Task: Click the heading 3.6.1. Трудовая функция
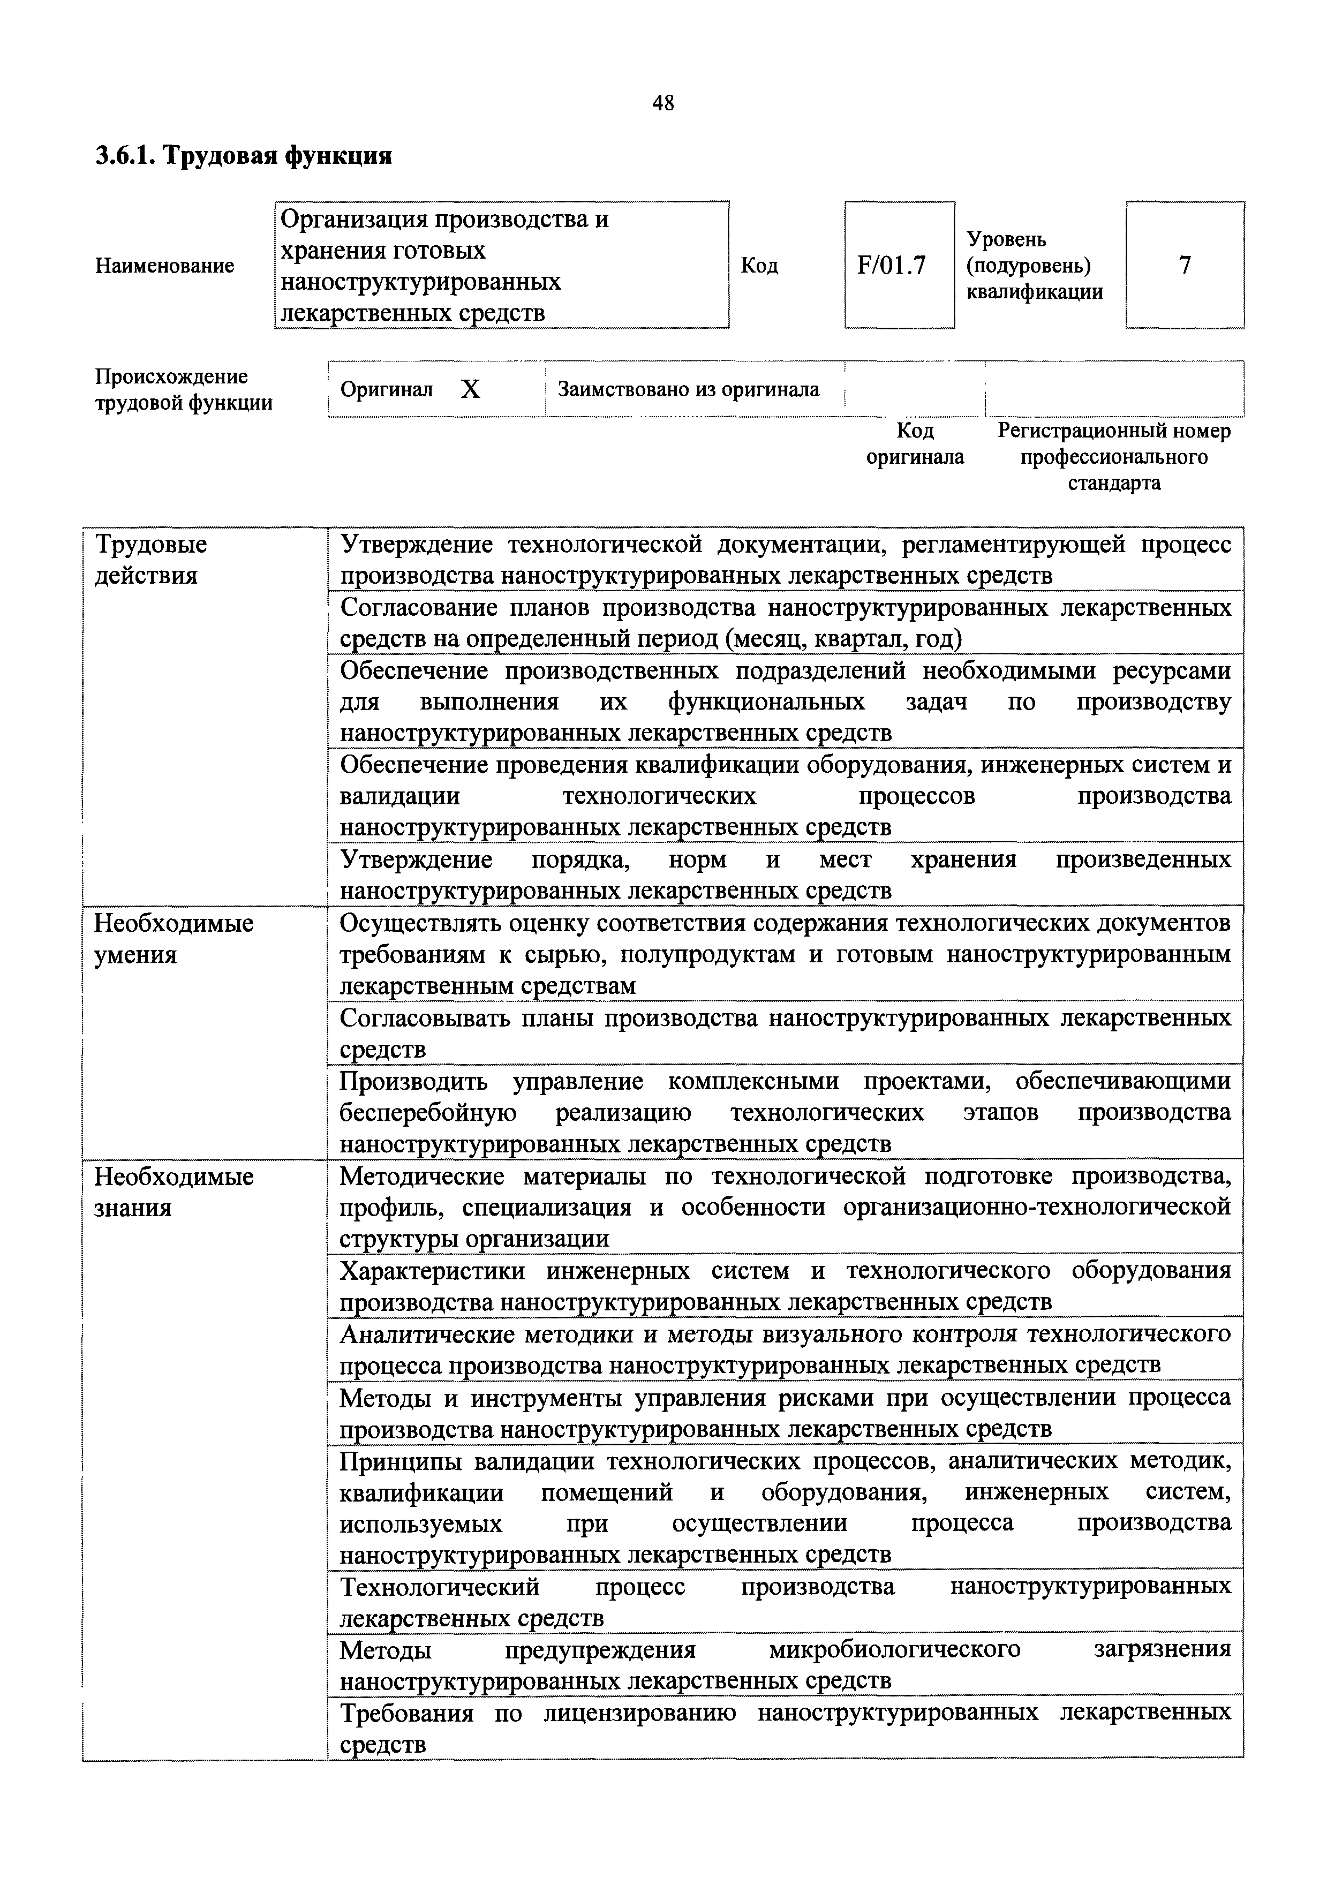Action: coord(244,155)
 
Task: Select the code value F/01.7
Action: coord(891,266)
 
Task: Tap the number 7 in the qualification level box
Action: coord(1184,265)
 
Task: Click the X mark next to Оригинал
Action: coord(470,389)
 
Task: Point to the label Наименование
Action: coord(164,266)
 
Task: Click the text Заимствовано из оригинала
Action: coord(688,389)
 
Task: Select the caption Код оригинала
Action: coord(915,443)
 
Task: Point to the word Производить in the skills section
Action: coord(413,1081)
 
